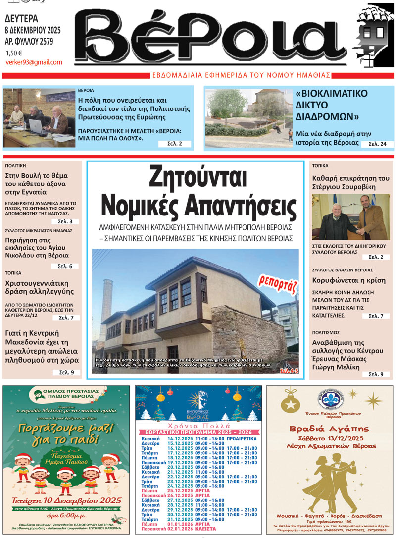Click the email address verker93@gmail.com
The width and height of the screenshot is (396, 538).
tap(34, 62)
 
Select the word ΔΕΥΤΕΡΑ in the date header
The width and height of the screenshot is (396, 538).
tap(21, 19)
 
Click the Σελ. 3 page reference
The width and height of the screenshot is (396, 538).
tap(65, 221)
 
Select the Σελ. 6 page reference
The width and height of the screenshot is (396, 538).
tap(65, 266)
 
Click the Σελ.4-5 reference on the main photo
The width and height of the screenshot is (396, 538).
tap(290, 370)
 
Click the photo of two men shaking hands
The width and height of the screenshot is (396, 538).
tap(350, 217)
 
